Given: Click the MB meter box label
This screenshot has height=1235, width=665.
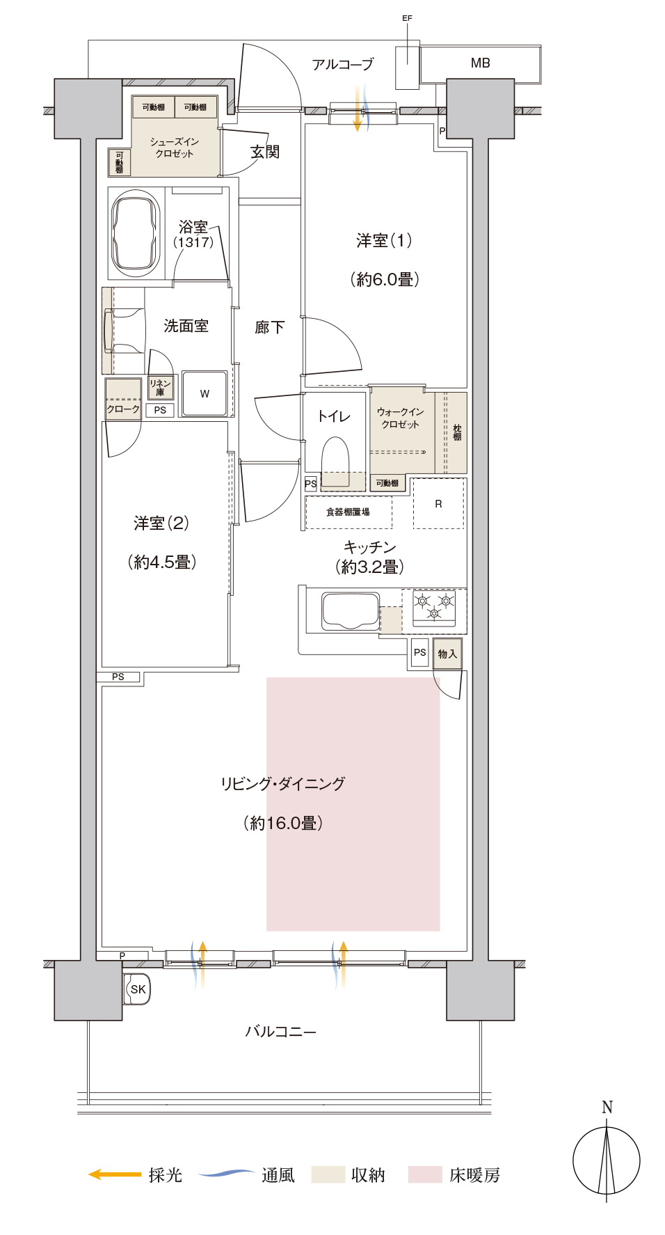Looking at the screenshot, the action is click(480, 63).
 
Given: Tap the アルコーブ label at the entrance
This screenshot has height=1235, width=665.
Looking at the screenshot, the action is click(342, 65).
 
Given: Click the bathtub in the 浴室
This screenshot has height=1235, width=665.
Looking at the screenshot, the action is click(136, 233).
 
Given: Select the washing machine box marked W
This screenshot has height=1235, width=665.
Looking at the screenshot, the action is click(205, 393).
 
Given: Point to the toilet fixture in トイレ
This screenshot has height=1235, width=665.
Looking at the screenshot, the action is click(335, 462).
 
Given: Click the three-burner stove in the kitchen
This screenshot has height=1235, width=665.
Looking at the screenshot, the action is click(434, 607).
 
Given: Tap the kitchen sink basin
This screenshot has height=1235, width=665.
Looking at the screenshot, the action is click(351, 611).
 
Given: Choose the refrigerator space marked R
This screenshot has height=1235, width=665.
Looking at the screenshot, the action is click(438, 503).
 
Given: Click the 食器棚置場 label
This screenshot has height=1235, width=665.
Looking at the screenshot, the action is click(348, 512).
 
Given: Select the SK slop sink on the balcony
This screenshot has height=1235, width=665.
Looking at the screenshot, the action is click(138, 989).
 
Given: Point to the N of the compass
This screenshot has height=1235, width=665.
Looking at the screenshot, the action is click(607, 1107).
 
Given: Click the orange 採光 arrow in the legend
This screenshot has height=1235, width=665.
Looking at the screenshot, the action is click(115, 1174).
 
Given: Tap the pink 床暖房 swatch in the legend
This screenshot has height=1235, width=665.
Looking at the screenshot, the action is click(425, 1174).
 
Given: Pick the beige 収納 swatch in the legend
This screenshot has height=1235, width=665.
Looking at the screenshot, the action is click(328, 1174).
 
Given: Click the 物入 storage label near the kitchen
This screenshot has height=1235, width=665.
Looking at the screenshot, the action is click(447, 654).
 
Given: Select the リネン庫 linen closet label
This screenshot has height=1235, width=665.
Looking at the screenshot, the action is click(160, 388).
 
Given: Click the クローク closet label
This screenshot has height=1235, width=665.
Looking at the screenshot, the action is click(123, 409).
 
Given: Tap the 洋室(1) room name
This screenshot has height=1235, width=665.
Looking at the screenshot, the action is click(384, 241).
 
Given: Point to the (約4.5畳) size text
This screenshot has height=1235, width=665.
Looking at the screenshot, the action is click(161, 562).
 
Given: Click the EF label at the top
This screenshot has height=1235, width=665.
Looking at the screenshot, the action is click(407, 18).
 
